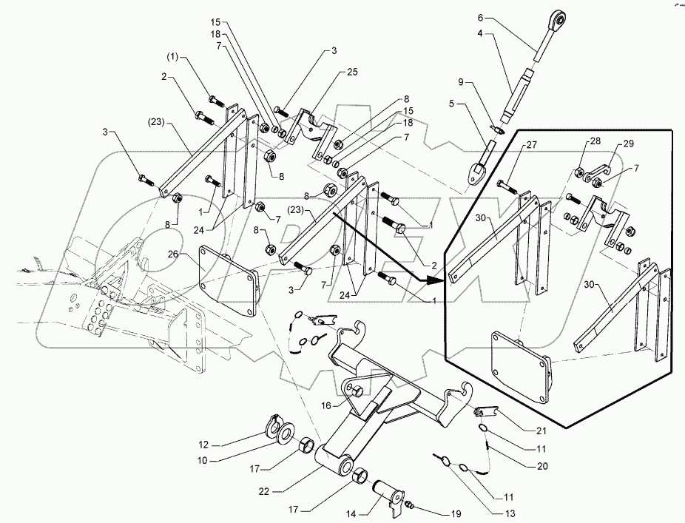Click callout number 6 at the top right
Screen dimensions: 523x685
click(x=479, y=17)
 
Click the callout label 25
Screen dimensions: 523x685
click(x=351, y=72)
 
